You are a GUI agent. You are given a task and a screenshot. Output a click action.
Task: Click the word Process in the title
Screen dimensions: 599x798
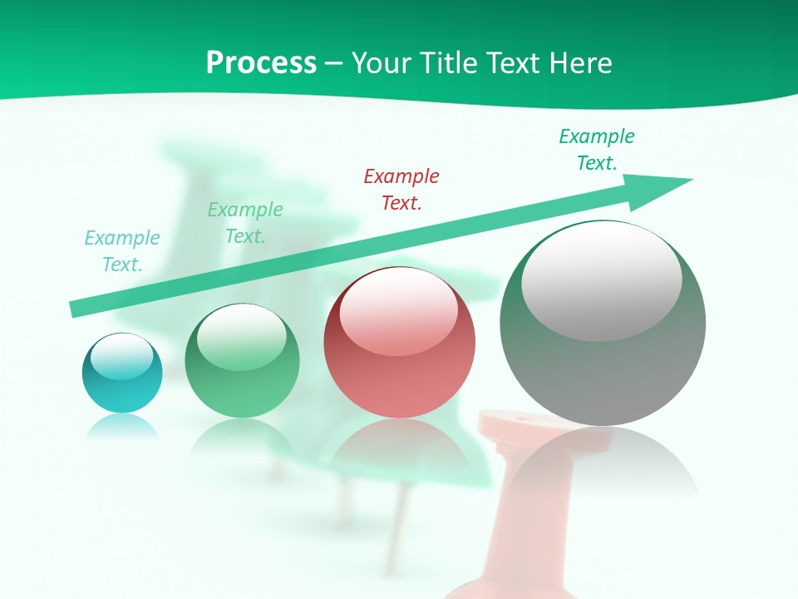tap(261, 62)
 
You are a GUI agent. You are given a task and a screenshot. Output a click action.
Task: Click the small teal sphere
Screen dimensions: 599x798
tap(122, 383)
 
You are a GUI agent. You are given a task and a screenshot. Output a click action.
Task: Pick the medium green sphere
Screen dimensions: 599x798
tap(242, 374)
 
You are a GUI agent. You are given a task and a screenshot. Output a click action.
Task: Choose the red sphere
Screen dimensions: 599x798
tap(399, 366)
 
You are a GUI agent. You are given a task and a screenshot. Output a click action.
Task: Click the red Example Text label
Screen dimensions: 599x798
tap(401, 189)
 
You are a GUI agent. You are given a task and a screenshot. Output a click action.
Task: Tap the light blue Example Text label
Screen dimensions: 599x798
tap(122, 250)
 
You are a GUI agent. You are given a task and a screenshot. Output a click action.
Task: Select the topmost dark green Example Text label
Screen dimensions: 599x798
tap(597, 149)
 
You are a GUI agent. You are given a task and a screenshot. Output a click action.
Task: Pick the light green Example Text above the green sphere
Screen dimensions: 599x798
tap(245, 222)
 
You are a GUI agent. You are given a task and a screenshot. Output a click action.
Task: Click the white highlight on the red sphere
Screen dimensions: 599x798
tap(398, 312)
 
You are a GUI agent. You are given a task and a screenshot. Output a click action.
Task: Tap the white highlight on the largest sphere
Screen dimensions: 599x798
tap(601, 280)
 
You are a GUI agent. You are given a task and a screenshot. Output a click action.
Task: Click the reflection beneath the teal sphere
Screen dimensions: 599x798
tap(122, 427)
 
